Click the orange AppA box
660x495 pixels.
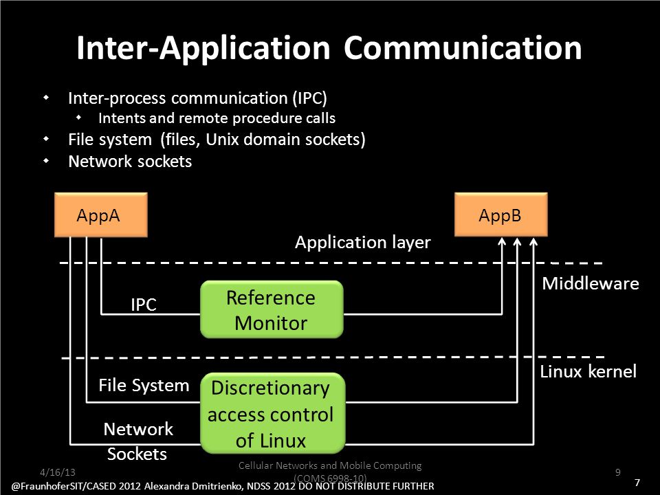(101, 214)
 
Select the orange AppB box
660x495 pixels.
(501, 214)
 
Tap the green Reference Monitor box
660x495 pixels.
(272, 309)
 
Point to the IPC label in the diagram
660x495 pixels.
(144, 305)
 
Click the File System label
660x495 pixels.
(144, 385)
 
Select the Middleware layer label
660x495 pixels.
(590, 283)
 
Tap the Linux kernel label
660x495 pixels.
(588, 371)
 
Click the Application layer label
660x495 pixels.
(363, 243)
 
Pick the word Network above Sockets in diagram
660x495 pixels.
(138, 429)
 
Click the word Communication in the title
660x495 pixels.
(463, 47)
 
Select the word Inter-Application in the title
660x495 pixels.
(203, 48)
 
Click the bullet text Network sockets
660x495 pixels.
(130, 161)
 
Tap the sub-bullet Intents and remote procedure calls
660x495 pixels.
(217, 118)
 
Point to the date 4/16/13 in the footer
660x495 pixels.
(58, 472)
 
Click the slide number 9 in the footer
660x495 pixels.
(618, 472)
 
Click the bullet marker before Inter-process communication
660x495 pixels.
(46, 98)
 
